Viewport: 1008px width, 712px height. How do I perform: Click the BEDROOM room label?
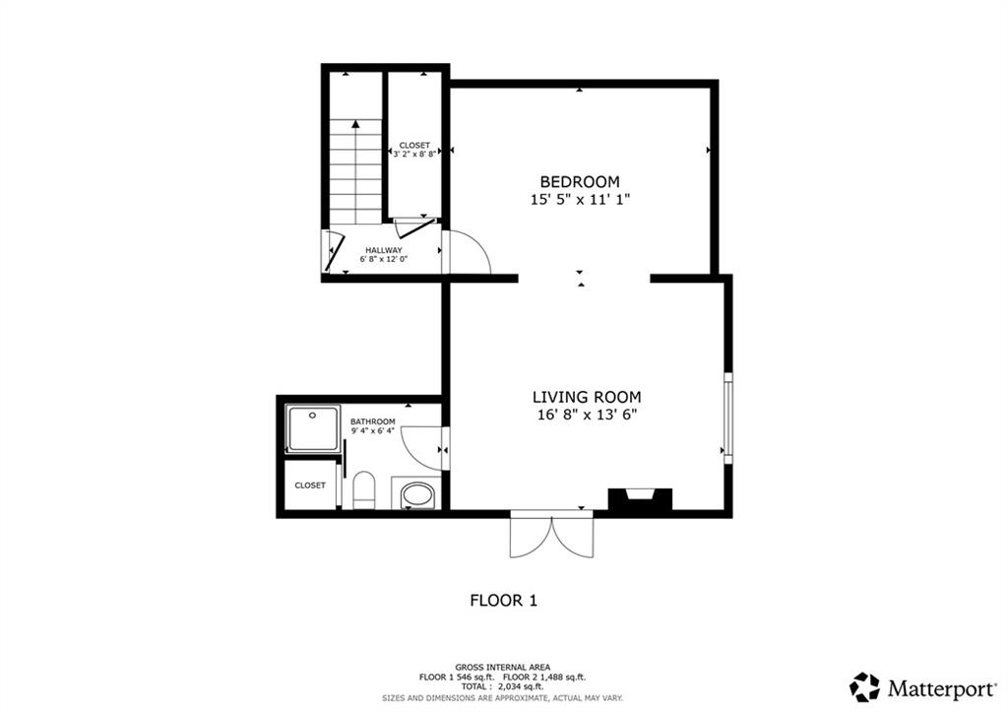580,182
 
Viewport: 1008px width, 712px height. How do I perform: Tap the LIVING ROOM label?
587,398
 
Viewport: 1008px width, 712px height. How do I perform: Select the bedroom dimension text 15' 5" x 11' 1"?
580,199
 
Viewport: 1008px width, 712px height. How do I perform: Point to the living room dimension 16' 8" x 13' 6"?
587,415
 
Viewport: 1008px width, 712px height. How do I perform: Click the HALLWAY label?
384,250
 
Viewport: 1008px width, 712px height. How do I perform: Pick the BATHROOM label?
373,421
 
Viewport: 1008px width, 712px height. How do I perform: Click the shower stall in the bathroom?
312,428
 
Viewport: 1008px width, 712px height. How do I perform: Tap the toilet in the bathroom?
364,489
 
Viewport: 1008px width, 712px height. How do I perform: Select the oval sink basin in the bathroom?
416,495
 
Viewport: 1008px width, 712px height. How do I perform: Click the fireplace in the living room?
640,500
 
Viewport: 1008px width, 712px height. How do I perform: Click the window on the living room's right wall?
727,419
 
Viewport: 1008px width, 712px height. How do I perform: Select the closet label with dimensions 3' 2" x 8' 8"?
414,150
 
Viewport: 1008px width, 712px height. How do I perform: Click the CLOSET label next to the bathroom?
310,485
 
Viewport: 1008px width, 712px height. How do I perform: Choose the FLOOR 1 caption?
503,601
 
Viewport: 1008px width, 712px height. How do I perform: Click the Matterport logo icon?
864,687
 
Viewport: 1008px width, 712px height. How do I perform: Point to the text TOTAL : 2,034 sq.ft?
503,686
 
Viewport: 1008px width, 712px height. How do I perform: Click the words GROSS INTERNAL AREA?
503,668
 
